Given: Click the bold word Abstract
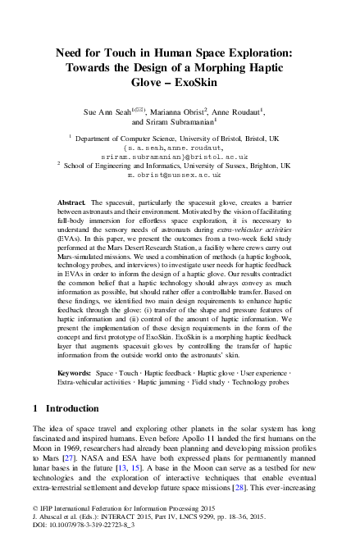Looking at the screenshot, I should [71, 201].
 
